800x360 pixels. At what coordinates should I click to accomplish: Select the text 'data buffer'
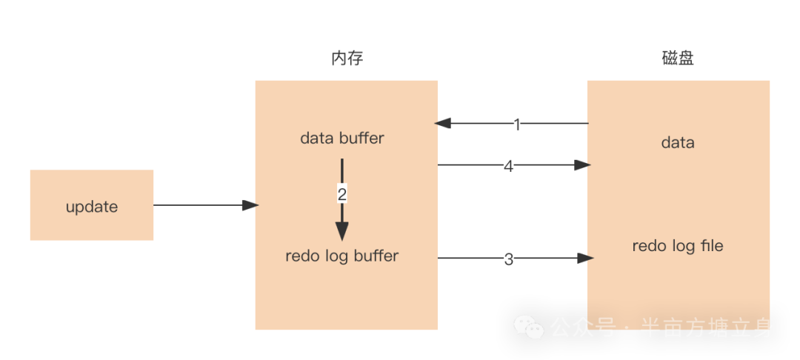[341, 139]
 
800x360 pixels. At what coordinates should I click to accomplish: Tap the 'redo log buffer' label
[341, 256]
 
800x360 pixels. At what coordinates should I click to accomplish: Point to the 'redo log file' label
[677, 246]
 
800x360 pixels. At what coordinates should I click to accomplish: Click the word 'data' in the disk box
[677, 142]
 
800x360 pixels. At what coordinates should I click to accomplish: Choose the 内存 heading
[347, 59]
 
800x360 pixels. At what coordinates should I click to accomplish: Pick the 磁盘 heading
[678, 59]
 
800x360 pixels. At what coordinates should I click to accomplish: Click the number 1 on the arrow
[517, 124]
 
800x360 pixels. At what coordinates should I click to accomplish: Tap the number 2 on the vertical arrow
[341, 195]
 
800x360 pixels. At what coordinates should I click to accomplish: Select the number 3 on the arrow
[508, 259]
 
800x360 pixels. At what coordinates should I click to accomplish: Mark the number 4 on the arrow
[508, 167]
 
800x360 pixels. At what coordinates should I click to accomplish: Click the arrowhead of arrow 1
[443, 123]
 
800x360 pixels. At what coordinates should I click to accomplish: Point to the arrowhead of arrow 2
[341, 231]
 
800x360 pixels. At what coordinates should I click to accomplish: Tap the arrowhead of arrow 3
[587, 259]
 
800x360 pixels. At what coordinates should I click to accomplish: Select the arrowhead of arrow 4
[583, 165]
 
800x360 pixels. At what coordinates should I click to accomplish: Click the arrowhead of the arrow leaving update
[250, 205]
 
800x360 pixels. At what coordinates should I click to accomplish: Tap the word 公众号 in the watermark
[582, 327]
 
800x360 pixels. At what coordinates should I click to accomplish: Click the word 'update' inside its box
[91, 207]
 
